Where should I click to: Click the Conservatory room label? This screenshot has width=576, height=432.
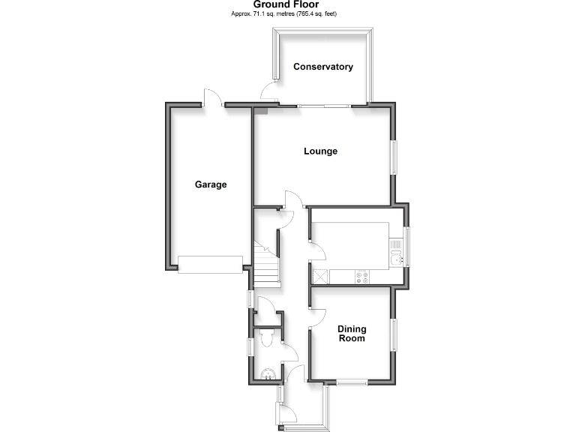tap(323, 67)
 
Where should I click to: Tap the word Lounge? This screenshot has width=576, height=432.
tap(320, 151)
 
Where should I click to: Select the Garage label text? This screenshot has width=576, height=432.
tap(211, 184)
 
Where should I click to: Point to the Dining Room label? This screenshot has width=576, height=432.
tap(351, 334)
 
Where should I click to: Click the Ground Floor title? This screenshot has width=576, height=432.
tap(287, 4)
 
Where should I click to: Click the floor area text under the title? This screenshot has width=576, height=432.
tap(287, 13)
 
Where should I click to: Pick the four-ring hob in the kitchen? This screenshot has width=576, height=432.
tap(363, 277)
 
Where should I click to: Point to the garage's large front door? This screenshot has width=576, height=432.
tap(210, 264)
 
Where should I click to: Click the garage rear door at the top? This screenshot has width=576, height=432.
tap(213, 98)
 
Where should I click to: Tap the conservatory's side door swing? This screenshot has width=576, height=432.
tap(268, 93)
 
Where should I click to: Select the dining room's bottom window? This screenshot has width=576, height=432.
tap(351, 382)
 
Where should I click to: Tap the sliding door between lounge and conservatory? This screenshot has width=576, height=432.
tap(324, 106)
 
